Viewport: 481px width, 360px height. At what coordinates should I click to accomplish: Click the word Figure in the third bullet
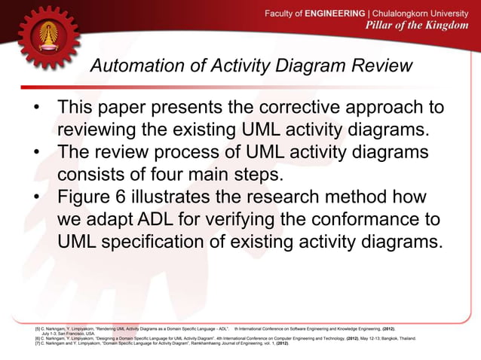90,197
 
